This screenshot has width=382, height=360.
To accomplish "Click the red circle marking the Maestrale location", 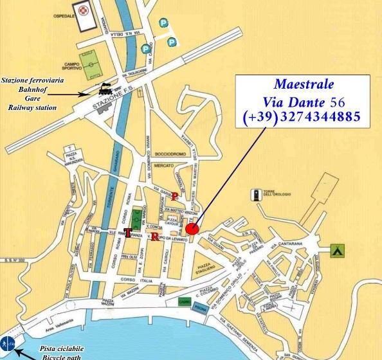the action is click(192, 230).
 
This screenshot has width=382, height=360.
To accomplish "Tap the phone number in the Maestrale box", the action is click(302, 118).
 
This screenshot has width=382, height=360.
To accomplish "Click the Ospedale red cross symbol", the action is click(82, 10).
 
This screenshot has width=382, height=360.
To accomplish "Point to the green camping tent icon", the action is click(336, 250).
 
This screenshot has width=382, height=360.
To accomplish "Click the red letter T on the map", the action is click(128, 232).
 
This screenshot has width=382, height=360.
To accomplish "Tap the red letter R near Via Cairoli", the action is click(155, 237).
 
